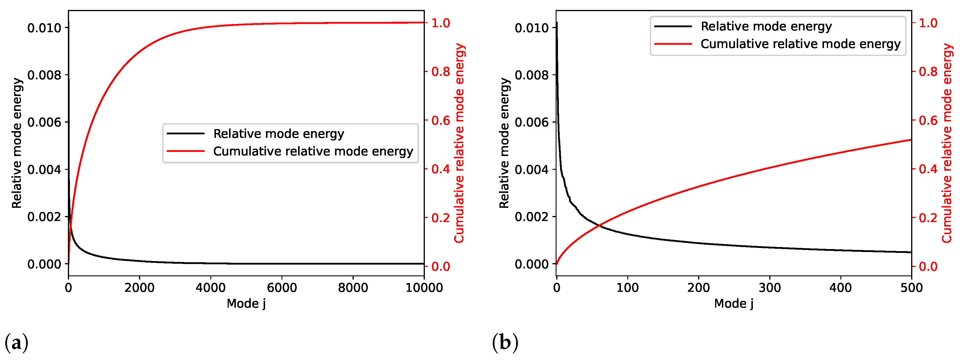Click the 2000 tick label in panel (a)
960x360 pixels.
139,288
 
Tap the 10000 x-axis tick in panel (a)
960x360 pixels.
424,288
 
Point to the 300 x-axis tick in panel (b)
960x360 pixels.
770,288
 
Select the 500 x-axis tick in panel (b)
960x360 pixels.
911,288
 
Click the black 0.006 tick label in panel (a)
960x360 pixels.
44,122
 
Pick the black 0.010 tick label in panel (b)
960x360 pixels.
531,28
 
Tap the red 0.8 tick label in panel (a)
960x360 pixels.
441,71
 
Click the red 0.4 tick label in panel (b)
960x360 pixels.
928,169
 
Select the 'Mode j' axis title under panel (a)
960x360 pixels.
246,304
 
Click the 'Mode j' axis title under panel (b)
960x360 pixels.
734,304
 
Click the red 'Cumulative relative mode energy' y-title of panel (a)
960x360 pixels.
459,143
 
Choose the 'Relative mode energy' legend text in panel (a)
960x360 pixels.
278,133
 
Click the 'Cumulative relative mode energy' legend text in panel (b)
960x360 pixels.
801,44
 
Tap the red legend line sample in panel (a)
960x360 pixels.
186,151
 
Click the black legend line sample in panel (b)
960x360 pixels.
673,26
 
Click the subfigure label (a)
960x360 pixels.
16,342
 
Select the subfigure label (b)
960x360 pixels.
505,342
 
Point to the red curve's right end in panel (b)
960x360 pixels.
911,140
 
